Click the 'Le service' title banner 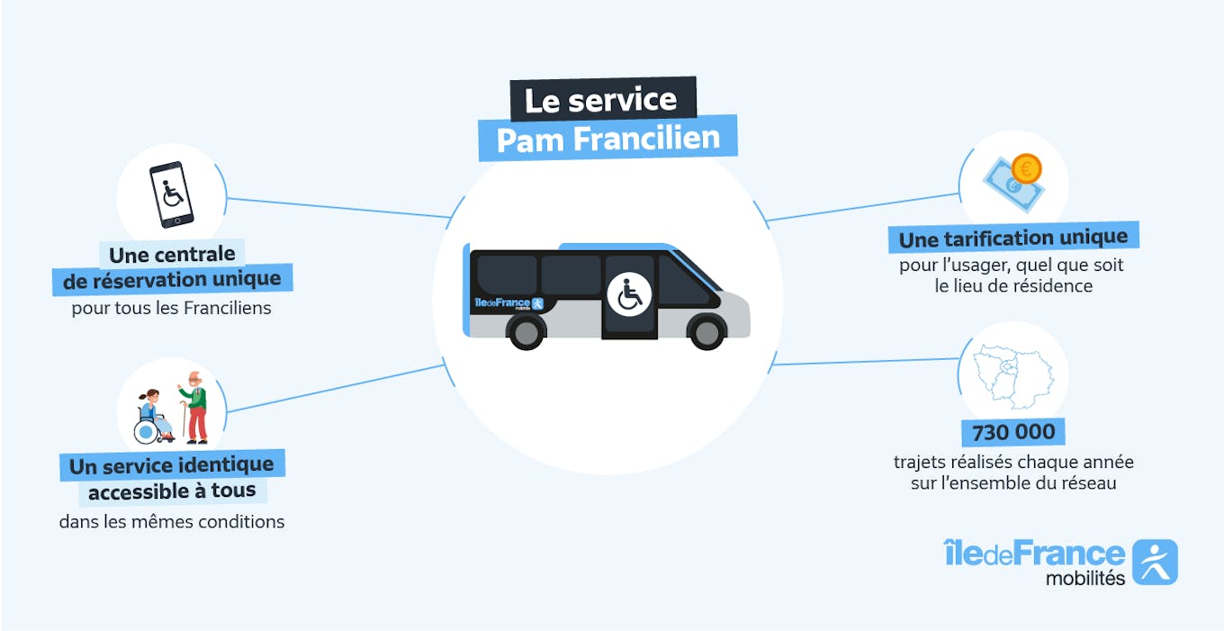pos(601,99)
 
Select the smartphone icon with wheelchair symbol pos(171,194)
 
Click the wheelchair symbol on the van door pos(629,294)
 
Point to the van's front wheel pos(706,332)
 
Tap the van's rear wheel pos(526,332)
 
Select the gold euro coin pos(1025,167)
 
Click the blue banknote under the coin pos(1006,185)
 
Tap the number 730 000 pos(1013,433)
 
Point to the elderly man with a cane pos(194,408)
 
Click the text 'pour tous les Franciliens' pos(171,309)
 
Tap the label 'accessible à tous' pos(172,491)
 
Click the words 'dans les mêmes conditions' pos(172,521)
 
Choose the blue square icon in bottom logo pos(1155,563)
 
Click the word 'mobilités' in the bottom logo pos(1084,579)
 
